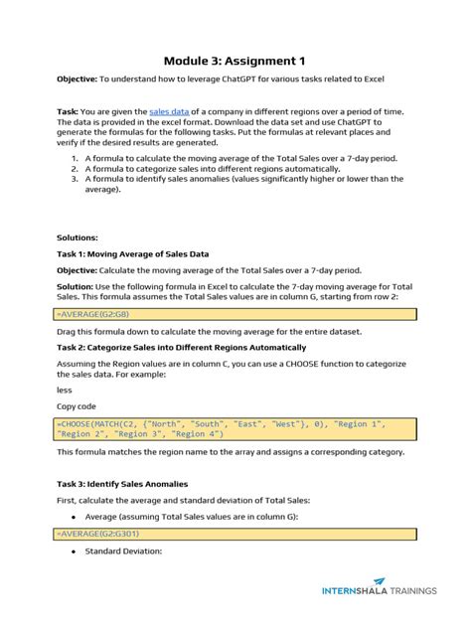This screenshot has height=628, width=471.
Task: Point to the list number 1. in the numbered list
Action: tap(75, 157)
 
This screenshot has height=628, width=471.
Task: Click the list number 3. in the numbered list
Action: tap(75, 179)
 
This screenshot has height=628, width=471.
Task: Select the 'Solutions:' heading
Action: tap(78, 237)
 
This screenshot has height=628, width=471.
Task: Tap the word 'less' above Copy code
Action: tap(65, 390)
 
